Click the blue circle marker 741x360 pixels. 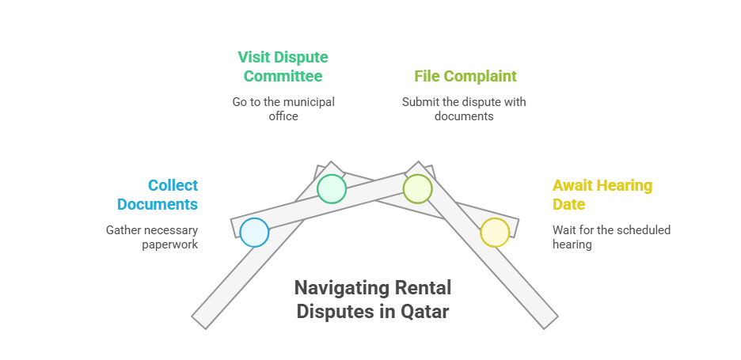pyautogui.click(x=254, y=233)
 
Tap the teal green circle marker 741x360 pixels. pyautogui.click(x=332, y=189)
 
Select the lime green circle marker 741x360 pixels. pyautogui.click(x=417, y=189)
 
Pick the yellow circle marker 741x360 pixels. pyautogui.click(x=495, y=233)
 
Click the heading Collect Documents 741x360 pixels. pyautogui.click(x=157, y=195)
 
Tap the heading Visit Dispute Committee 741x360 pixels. pyautogui.click(x=283, y=67)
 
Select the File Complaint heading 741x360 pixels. pyautogui.click(x=465, y=77)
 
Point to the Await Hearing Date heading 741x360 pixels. pyautogui.click(x=602, y=195)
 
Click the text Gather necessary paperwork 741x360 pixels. pyautogui.click(x=152, y=237)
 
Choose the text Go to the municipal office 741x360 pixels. pyautogui.click(x=283, y=109)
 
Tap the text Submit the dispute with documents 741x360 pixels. pyautogui.click(x=464, y=109)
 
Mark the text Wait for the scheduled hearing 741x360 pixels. pyautogui.click(x=611, y=237)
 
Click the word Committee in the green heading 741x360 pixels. pyautogui.click(x=283, y=77)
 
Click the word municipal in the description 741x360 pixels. pyautogui.click(x=306, y=102)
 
